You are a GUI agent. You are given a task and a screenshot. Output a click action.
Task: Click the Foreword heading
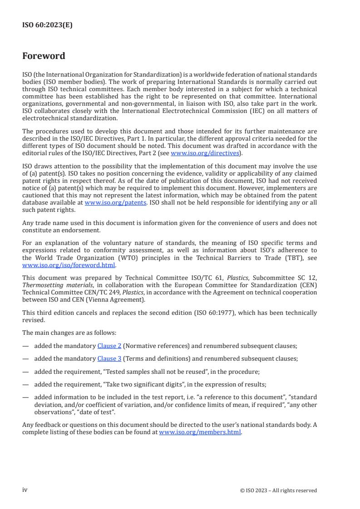(x=44, y=56)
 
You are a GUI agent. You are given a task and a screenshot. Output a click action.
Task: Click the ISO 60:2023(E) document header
(x=47, y=25)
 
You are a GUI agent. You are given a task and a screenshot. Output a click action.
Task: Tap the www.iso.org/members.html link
(x=200, y=432)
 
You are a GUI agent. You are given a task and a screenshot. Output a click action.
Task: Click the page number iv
(x=25, y=489)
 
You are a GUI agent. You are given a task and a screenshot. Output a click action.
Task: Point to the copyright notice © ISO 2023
(x=278, y=490)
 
